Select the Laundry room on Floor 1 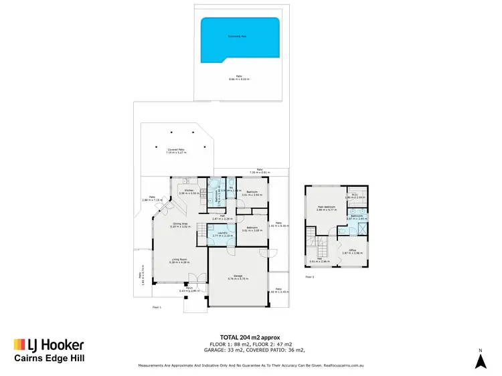(220, 235)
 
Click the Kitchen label (189, 191)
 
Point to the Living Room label (179, 260)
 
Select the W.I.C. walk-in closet (355, 196)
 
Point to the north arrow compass (480, 360)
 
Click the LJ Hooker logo (48, 345)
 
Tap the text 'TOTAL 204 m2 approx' (250, 337)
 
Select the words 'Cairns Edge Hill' (50, 359)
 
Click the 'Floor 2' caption (309, 276)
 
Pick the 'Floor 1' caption (157, 307)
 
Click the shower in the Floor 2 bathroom (362, 231)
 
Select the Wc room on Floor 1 (230, 189)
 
